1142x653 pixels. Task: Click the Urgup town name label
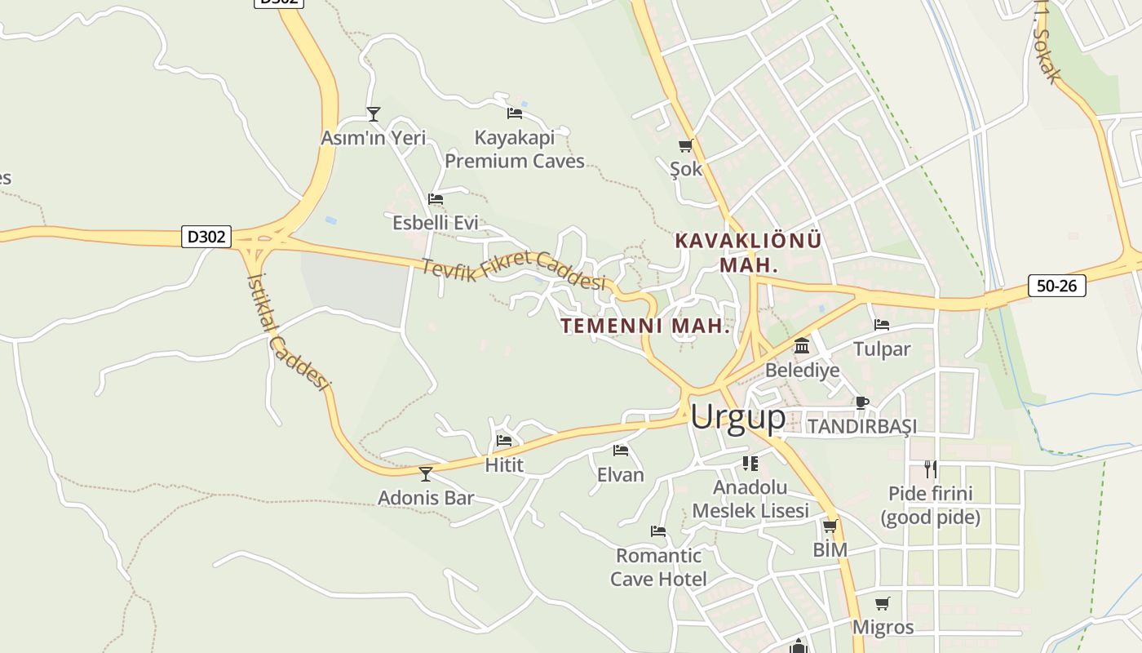(737, 417)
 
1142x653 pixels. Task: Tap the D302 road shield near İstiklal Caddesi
(206, 238)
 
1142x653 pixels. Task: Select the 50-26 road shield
(1056, 286)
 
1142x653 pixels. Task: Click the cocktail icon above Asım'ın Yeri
(374, 114)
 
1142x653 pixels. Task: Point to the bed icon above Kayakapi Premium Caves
(515, 113)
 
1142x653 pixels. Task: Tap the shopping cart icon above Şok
(685, 146)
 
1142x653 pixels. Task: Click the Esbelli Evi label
(435, 223)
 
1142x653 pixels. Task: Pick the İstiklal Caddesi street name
(288, 331)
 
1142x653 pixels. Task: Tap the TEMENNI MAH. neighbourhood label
(644, 326)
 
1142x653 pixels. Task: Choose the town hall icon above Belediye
(802, 347)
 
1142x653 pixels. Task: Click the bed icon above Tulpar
(882, 325)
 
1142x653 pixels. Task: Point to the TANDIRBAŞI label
(861, 426)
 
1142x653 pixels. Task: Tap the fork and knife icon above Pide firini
(930, 469)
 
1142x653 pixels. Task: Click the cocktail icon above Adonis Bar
(425, 473)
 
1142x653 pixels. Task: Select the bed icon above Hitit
(504, 441)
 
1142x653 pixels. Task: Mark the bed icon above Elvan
(621, 451)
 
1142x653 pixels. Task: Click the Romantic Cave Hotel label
(659, 567)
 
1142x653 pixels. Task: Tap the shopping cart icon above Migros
(883, 604)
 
